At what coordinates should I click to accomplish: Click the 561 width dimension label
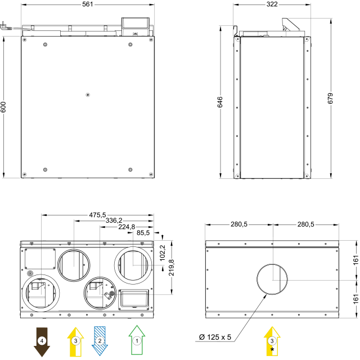click(88, 4)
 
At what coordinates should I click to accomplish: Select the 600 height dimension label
click(3, 107)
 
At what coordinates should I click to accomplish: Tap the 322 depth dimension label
click(272, 4)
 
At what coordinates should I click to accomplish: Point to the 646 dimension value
click(220, 102)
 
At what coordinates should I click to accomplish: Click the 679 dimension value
click(330, 98)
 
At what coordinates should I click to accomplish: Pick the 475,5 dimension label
click(97, 215)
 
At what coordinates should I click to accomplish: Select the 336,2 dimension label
click(114, 220)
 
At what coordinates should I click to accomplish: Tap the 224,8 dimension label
click(127, 227)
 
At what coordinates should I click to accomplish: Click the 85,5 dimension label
click(143, 233)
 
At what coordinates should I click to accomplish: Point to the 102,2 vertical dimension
click(163, 253)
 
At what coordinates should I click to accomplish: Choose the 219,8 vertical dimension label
click(171, 268)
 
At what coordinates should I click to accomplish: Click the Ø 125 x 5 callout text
click(215, 337)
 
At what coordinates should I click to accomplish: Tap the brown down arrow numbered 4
click(42, 342)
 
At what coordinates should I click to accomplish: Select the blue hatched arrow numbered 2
click(100, 341)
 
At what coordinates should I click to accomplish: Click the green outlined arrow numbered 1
click(137, 340)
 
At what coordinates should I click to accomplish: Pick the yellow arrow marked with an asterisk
click(272, 341)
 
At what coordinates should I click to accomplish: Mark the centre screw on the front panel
click(88, 94)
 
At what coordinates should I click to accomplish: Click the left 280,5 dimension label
click(239, 224)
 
